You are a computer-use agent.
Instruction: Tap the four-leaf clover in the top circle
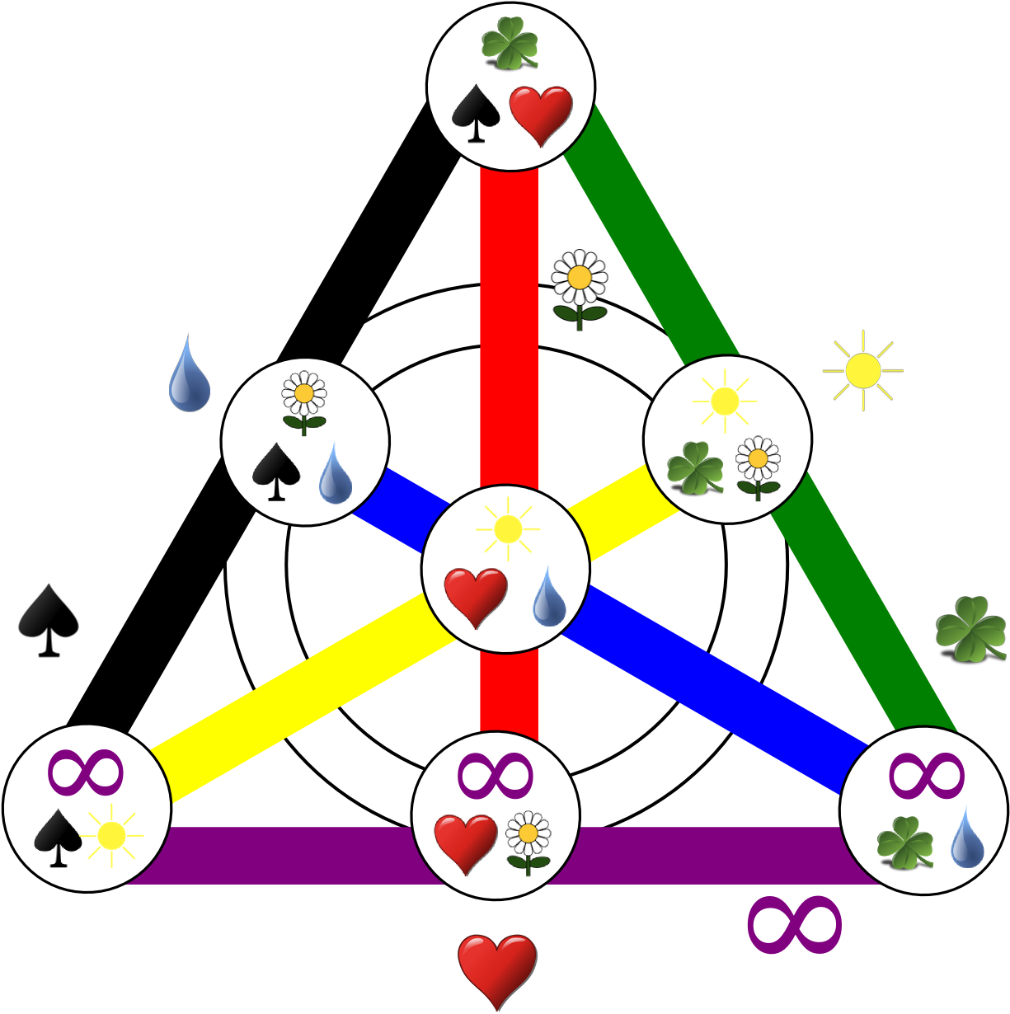coord(510,43)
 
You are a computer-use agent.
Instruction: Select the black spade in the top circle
coord(476,113)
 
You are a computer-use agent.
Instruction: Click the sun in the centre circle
coord(507,528)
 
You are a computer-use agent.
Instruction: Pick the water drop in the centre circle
coord(548,596)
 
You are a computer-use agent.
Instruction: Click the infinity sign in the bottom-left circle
coord(86,772)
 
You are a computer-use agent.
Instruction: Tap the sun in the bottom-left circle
coord(110,836)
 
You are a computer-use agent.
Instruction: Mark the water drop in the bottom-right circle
coord(966,837)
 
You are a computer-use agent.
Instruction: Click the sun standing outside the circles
coord(863,371)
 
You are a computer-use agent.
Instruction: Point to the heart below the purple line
coord(496,969)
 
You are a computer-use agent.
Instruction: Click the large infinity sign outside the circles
coord(794,924)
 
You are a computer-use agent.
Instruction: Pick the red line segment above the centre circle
coord(509,330)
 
